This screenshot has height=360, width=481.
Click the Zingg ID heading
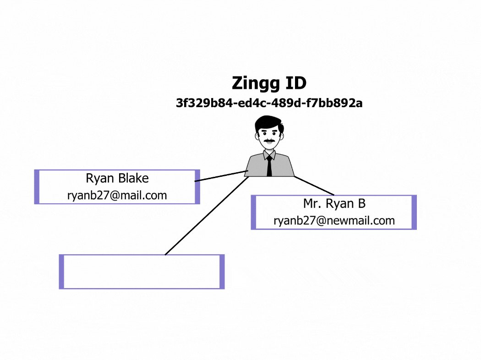pyautogui.click(x=269, y=83)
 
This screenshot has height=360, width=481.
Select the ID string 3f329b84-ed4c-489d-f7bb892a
pyautogui.click(x=269, y=103)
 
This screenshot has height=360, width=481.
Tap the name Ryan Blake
pyautogui.click(x=117, y=178)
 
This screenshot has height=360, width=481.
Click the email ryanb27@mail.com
pyautogui.click(x=117, y=196)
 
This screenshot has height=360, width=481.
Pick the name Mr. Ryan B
pyautogui.click(x=334, y=203)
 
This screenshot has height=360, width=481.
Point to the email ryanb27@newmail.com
pyautogui.click(x=334, y=221)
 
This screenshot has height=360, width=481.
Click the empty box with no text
pyautogui.click(x=141, y=272)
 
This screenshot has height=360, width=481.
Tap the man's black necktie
pyautogui.click(x=269, y=166)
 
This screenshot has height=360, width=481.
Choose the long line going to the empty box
pyautogui.click(x=206, y=215)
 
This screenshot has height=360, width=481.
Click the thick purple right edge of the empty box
pyautogui.click(x=222, y=272)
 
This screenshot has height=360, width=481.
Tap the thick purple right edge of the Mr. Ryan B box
pyautogui.click(x=414, y=212)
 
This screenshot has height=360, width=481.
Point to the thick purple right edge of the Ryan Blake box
pyautogui.click(x=197, y=187)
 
